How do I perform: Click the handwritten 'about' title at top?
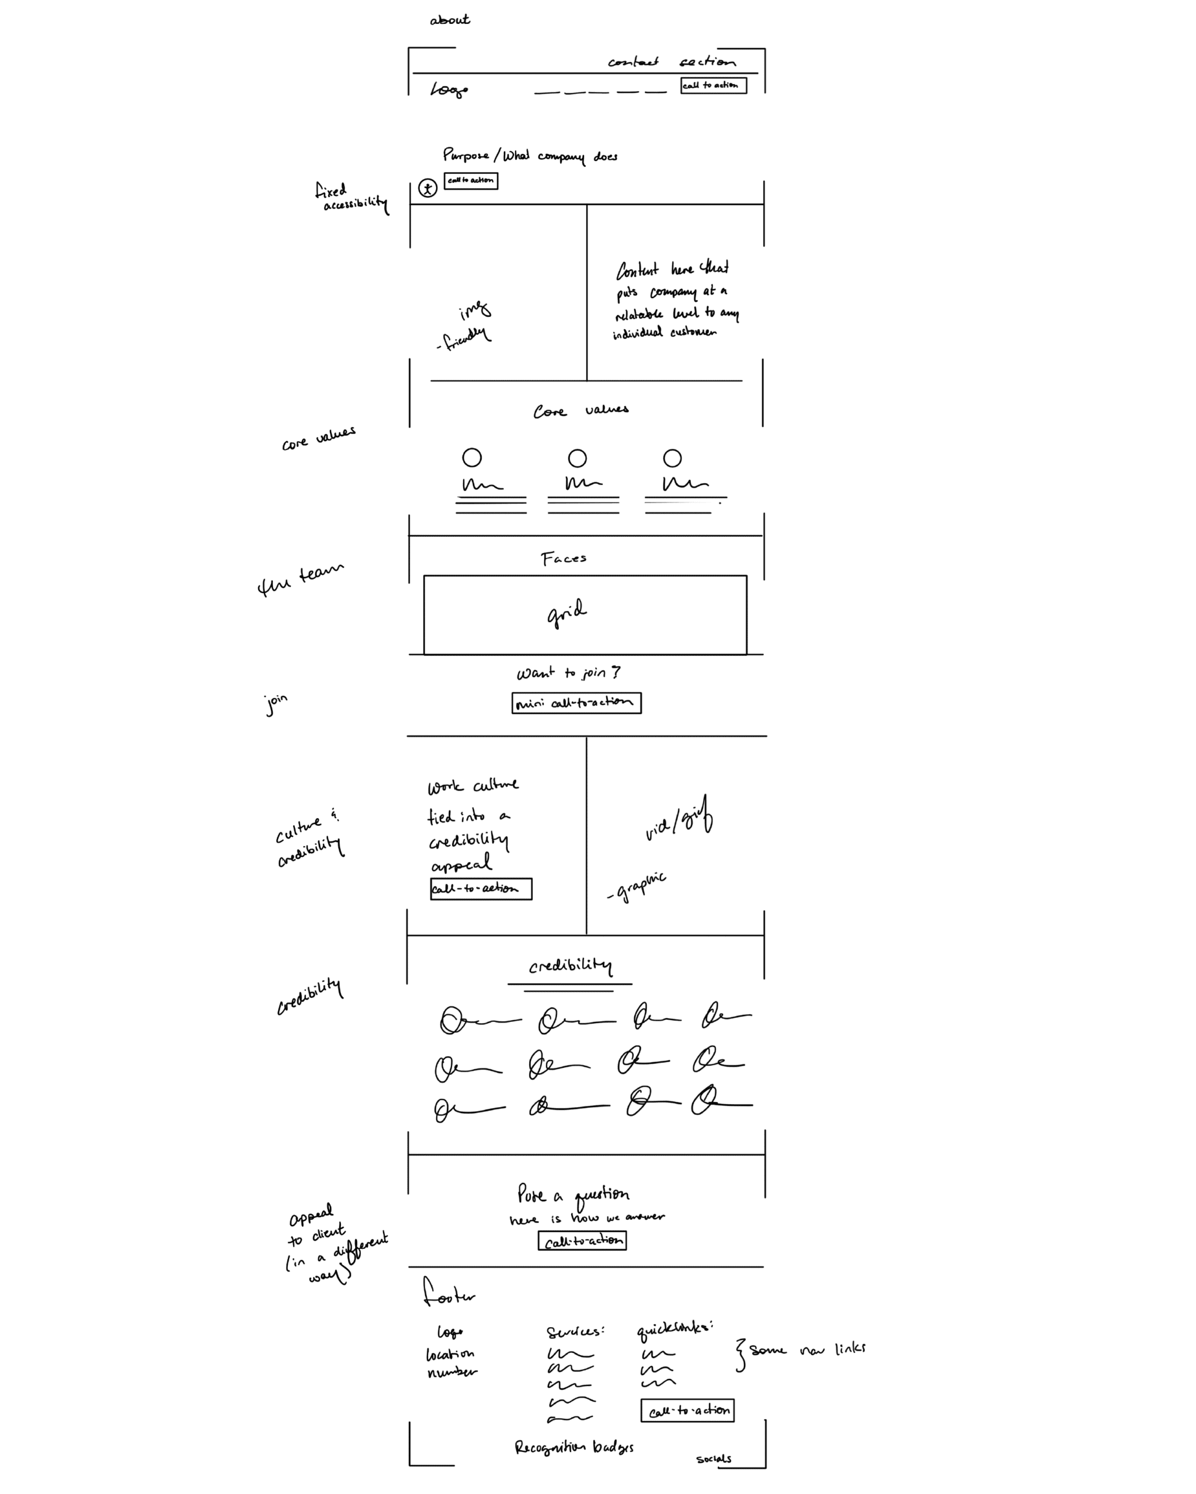(449, 20)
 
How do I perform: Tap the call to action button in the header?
(712, 85)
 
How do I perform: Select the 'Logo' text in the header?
(448, 89)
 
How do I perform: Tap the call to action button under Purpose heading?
(471, 180)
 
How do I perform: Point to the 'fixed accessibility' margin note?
(351, 198)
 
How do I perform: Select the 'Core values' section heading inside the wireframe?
(581, 410)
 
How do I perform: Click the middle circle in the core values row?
(577, 458)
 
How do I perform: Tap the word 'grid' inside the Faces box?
(566, 613)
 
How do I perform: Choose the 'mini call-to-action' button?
(576, 703)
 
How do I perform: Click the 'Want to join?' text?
(568, 673)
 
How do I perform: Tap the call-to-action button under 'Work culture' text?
(481, 888)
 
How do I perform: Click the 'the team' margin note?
(300, 580)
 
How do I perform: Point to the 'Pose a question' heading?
(573, 1195)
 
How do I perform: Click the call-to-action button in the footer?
(687, 1410)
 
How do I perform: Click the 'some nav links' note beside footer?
(807, 1350)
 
